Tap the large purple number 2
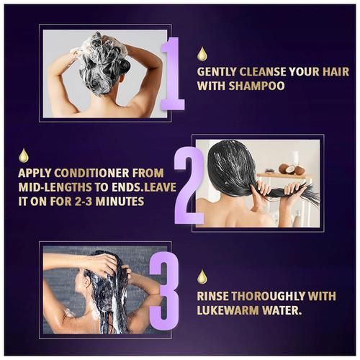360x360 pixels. tap(189, 186)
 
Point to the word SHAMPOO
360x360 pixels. tap(256, 86)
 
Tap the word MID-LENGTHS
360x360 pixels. tap(55, 187)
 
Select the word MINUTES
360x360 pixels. tap(120, 201)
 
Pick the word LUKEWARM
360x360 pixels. tap(228, 310)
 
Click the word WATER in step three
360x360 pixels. tap(282, 310)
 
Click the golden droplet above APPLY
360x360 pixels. tap(24, 156)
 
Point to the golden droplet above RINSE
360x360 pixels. tap(202, 276)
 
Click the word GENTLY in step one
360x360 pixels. tap(217, 72)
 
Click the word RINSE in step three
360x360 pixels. tap(212, 296)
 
